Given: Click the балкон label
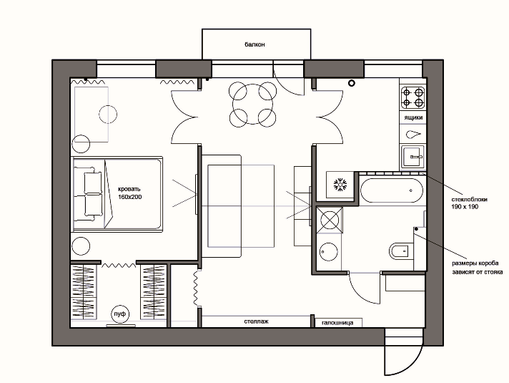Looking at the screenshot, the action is pyautogui.click(x=254, y=44).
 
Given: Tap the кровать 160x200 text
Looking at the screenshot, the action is pyautogui.click(x=129, y=193).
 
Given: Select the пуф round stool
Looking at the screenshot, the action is pyautogui.click(x=120, y=314).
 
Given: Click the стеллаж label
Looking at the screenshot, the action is pyautogui.click(x=256, y=321).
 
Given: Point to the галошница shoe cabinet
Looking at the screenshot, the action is pyautogui.click(x=339, y=323).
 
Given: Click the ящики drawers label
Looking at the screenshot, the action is pyautogui.click(x=413, y=117).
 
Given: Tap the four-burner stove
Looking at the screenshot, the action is pyautogui.click(x=413, y=97).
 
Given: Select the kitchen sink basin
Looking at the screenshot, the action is pyautogui.click(x=413, y=157).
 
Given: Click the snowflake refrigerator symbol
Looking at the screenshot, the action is pyautogui.click(x=340, y=185).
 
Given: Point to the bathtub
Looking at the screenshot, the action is pyautogui.click(x=392, y=190).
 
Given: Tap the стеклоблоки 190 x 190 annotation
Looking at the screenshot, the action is pyautogui.click(x=470, y=203).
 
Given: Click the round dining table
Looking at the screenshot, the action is pyautogui.click(x=252, y=104).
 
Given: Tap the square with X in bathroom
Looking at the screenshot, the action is pyautogui.click(x=330, y=220).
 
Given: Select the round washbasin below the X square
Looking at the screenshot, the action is pyautogui.click(x=329, y=252).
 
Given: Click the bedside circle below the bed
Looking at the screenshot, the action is pyautogui.click(x=81, y=246).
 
